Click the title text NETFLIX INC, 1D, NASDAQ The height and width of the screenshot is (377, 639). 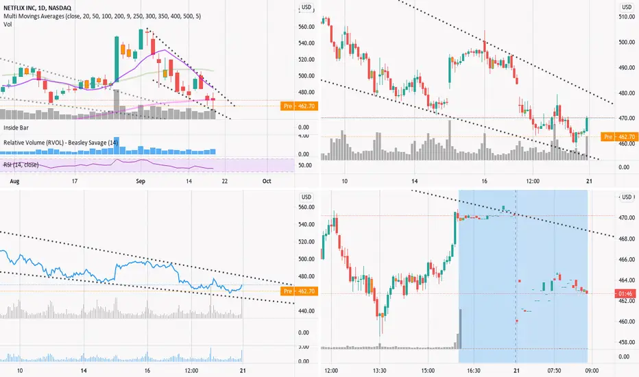(37, 8)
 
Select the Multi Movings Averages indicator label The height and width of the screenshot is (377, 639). (102, 16)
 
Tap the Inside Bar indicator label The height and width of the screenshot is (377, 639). (16, 127)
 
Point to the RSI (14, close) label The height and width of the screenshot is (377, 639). (21, 165)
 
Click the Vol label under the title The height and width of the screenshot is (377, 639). (8, 25)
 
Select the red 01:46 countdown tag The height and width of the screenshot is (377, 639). (625, 293)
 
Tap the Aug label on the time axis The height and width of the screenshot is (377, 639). (14, 181)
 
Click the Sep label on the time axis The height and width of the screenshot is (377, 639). (141, 181)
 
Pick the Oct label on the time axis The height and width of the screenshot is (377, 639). (267, 181)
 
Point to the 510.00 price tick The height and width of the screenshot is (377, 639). (627, 16)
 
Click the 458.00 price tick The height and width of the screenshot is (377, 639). (627, 342)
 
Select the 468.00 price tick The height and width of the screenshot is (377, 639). (627, 239)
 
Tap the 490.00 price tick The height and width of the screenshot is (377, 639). (627, 68)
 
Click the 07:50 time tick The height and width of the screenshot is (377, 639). (554, 371)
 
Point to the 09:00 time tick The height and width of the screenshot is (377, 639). (592, 371)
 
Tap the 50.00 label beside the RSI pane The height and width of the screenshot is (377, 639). (305, 165)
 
